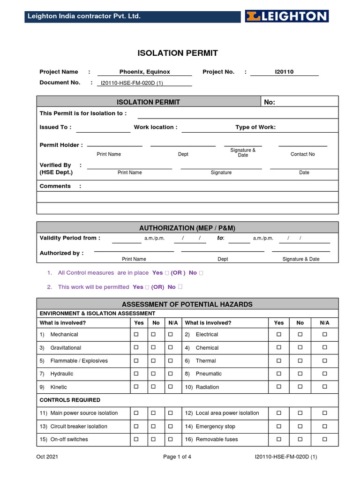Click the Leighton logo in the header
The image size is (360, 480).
(x=286, y=16)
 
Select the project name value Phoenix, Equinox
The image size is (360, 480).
(x=144, y=72)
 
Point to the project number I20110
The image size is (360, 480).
(x=284, y=72)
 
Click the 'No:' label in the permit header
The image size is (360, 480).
(x=270, y=102)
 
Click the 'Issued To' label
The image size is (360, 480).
(x=55, y=127)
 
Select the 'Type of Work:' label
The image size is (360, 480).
(x=255, y=127)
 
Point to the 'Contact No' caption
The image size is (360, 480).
(x=303, y=154)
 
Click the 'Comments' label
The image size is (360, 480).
(x=55, y=186)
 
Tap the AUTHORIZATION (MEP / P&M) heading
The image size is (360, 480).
(x=187, y=228)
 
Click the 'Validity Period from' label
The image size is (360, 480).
(x=70, y=238)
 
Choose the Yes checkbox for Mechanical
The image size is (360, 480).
(x=136, y=335)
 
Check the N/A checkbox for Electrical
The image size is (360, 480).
(x=325, y=335)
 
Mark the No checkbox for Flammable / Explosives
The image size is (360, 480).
(x=153, y=361)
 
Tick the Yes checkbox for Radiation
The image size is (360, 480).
(x=279, y=387)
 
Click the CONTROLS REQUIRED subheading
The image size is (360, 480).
(x=70, y=400)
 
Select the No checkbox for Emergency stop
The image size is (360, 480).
(x=300, y=427)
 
